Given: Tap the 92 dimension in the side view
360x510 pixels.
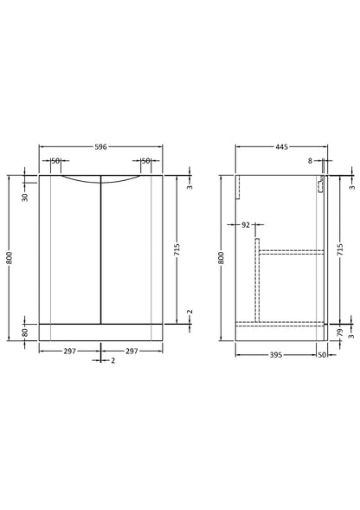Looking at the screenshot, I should tap(246, 224).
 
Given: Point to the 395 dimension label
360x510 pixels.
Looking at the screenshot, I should tap(276, 354).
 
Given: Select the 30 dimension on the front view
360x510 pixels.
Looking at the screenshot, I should tap(25, 197).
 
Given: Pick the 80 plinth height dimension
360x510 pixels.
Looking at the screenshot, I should tap(25, 332).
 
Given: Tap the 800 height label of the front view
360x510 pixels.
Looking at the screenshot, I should tap(10, 257).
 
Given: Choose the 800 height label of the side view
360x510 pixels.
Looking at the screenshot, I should tap(221, 257).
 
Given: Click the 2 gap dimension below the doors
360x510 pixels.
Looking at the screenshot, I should tap(113, 360).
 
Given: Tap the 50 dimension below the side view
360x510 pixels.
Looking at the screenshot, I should tap(321, 354).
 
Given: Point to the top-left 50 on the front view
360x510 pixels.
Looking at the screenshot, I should tap(55, 160).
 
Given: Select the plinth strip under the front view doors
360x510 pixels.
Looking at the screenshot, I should tap(101, 332).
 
